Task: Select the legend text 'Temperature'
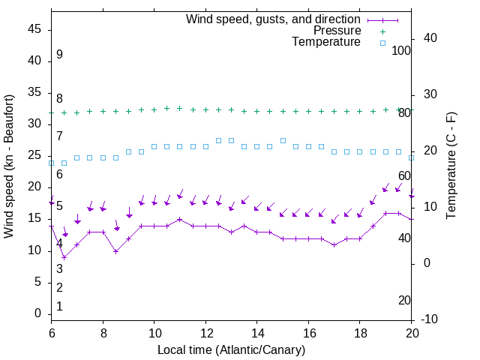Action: pos(326,42)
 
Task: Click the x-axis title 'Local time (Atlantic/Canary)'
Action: pos(231,350)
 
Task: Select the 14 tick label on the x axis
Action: pos(256,332)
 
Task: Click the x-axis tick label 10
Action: pos(154,332)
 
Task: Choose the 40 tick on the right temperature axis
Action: pos(430,38)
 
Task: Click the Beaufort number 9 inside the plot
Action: pos(59,55)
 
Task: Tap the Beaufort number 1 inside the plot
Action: pos(59,307)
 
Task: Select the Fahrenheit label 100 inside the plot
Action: pos(401,50)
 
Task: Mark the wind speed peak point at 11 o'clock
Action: pos(179,219)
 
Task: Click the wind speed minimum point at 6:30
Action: pos(64,257)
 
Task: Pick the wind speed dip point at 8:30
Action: pos(115,250)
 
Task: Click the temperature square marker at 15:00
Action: pos(283,140)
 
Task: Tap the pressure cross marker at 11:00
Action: pos(179,108)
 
